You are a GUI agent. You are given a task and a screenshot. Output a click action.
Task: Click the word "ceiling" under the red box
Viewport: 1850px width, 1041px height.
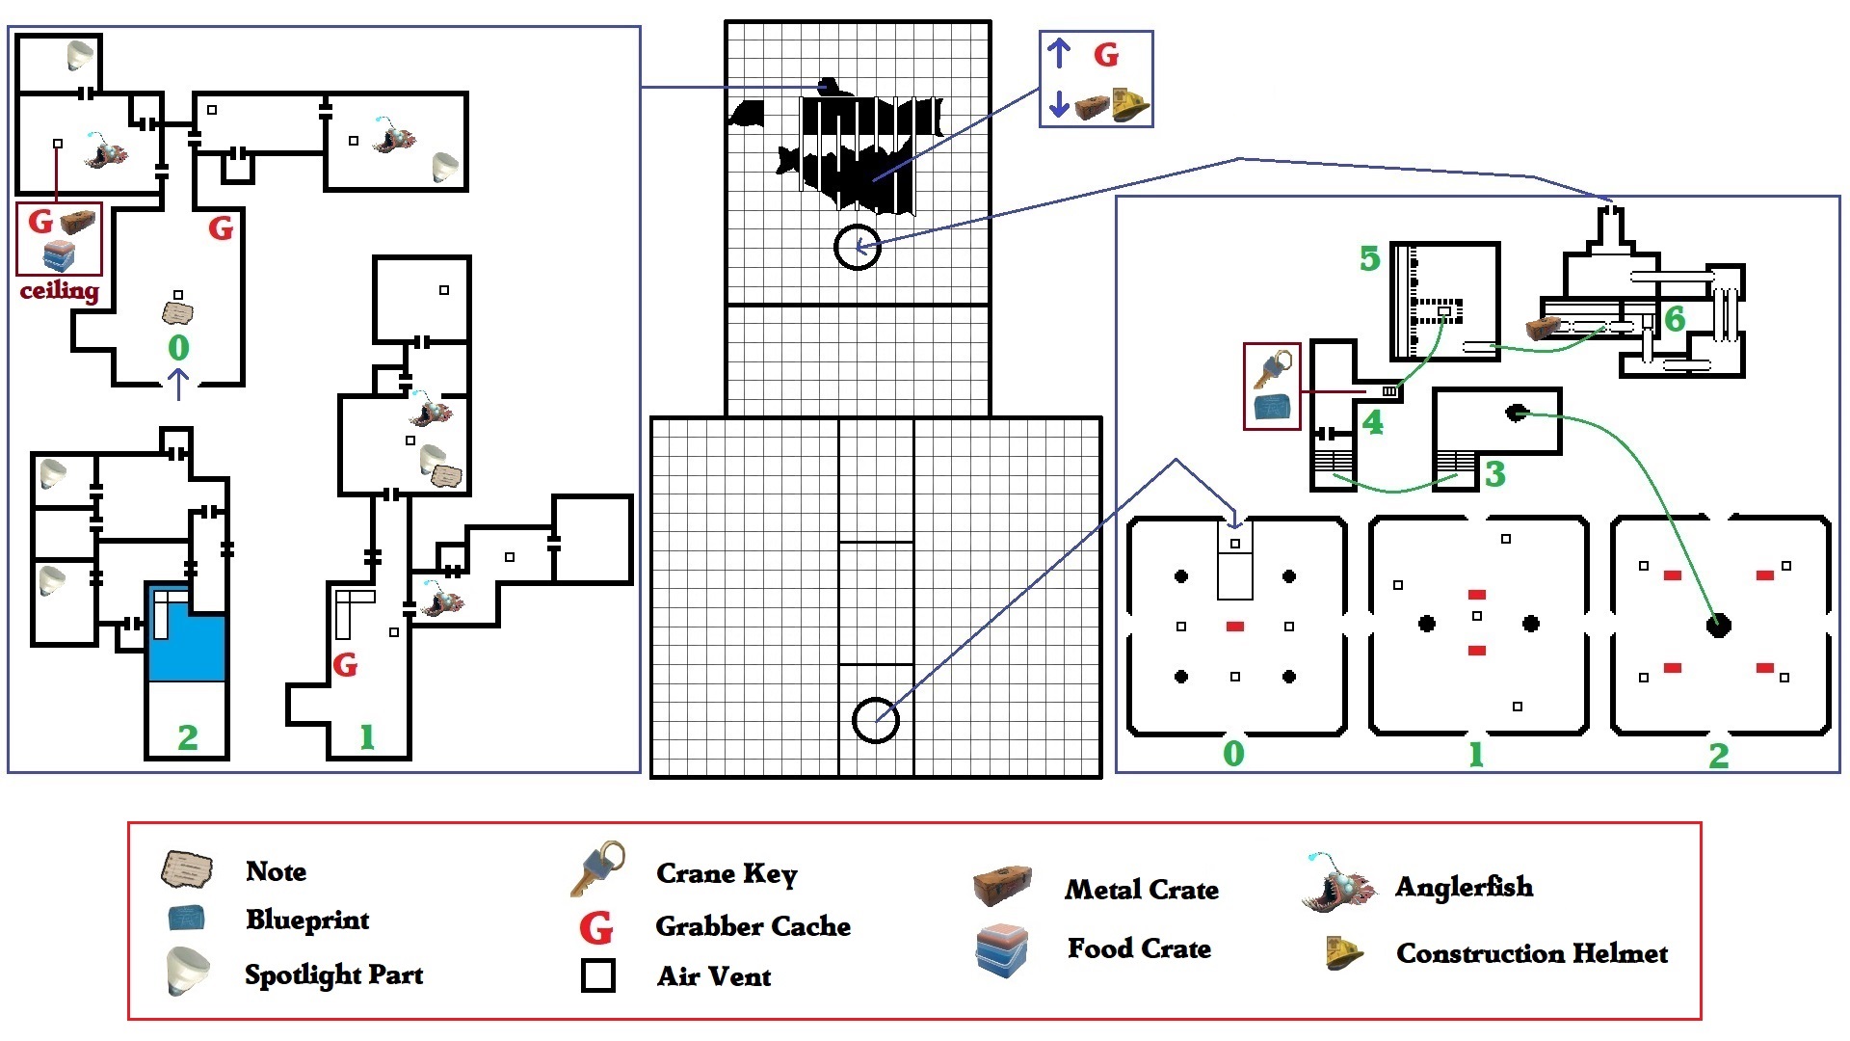(60, 289)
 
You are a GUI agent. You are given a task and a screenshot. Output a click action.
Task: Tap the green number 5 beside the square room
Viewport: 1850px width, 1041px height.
(1369, 258)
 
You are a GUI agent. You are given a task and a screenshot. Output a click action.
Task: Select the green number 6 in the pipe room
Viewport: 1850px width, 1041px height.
(1675, 318)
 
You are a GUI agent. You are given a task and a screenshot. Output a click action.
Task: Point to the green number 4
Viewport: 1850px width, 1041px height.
(1372, 422)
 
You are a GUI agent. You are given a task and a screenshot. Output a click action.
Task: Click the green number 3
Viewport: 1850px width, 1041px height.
(1494, 473)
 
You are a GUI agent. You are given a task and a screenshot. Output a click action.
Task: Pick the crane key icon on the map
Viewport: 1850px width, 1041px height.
(1273, 369)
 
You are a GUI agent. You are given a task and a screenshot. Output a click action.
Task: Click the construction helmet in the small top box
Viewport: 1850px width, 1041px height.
(1132, 104)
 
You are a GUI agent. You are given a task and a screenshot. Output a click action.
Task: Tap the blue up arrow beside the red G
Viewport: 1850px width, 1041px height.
(1059, 53)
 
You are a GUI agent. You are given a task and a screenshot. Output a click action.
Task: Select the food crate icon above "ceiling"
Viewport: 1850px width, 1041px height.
(60, 256)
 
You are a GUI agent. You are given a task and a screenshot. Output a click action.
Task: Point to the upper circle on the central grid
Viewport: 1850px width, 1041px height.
(857, 248)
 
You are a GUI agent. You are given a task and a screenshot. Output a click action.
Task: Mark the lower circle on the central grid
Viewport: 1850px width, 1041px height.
(876, 720)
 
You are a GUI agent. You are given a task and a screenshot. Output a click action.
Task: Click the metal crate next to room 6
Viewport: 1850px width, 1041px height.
(1544, 329)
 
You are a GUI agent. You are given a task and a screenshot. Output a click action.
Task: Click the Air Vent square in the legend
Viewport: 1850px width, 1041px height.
(598, 975)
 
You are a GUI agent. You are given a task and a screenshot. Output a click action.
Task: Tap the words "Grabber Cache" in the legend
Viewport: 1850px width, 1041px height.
(753, 926)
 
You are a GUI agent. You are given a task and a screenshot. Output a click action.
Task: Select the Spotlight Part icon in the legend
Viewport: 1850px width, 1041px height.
(187, 972)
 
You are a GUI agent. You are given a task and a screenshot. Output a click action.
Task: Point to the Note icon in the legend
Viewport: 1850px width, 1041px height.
(187, 869)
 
